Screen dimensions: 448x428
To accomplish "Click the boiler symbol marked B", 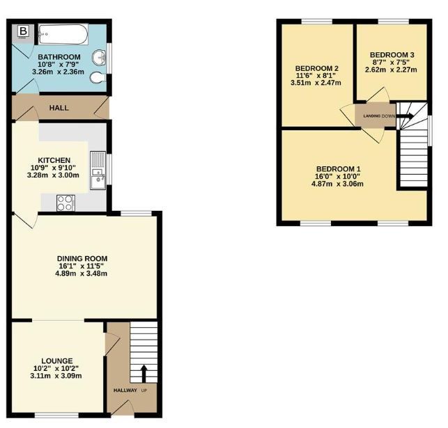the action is tap(24, 31).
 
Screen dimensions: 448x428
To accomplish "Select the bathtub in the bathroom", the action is tap(63, 35).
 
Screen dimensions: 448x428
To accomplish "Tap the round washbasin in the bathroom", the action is tap(99, 58).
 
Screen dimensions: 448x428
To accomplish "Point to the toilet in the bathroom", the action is tap(98, 78).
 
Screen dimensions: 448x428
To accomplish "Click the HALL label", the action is tap(59, 108).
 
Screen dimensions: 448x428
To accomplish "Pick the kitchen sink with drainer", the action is tap(98, 171).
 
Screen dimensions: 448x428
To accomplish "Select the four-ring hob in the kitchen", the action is tap(65, 203).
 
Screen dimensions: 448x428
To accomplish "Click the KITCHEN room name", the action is tap(54, 160).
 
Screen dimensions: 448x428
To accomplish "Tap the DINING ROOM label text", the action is tap(82, 258).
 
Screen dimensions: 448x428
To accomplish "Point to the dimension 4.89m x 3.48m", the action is tap(81, 274).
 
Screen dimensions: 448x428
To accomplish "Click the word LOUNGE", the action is tap(57, 360).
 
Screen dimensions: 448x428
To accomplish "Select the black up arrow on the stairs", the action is tap(144, 374).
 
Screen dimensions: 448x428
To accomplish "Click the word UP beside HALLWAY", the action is tap(144, 390).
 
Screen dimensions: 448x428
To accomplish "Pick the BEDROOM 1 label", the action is tap(339, 168).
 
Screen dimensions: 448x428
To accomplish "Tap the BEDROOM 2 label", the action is tap(316, 68).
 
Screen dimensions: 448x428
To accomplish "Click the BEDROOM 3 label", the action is tap(392, 55).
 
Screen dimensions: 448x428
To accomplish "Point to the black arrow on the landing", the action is tap(405, 116).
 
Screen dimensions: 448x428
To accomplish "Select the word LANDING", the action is tap(372, 116).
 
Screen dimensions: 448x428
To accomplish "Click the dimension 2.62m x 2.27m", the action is tap(391, 70).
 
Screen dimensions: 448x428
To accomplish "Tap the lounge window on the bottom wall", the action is tap(56, 415).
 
